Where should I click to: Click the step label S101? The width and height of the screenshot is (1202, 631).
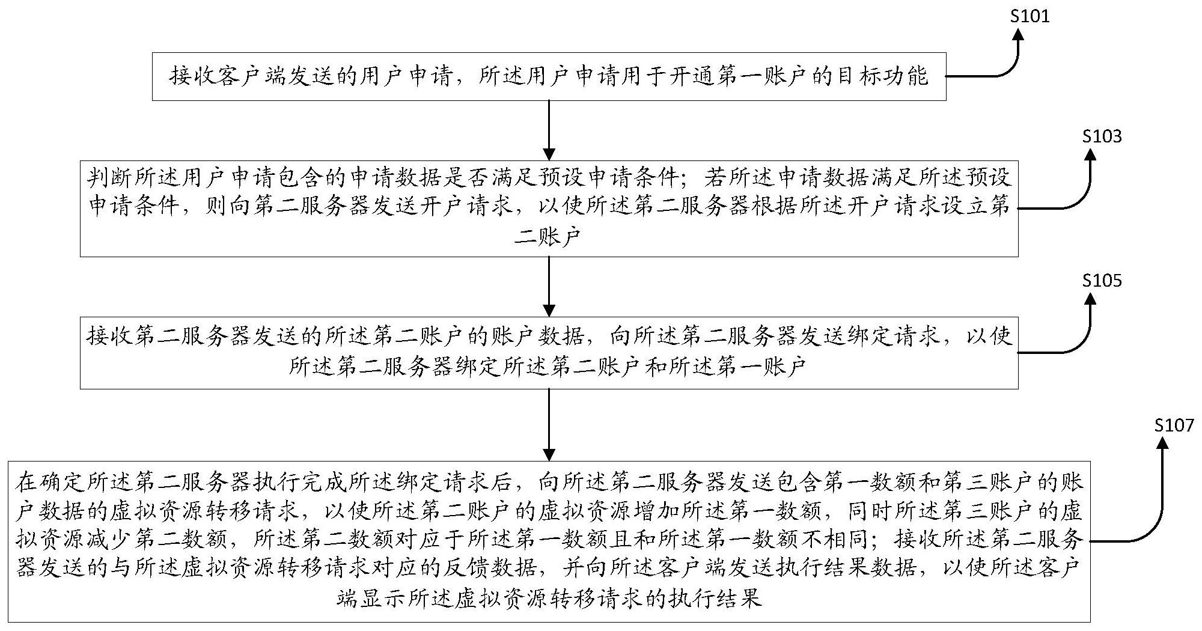(x=1030, y=16)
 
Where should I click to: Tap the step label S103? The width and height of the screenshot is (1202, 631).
(x=1102, y=136)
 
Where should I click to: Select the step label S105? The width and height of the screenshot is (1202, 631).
(x=1102, y=281)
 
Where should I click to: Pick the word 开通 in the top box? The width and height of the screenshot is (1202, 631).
(x=692, y=77)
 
